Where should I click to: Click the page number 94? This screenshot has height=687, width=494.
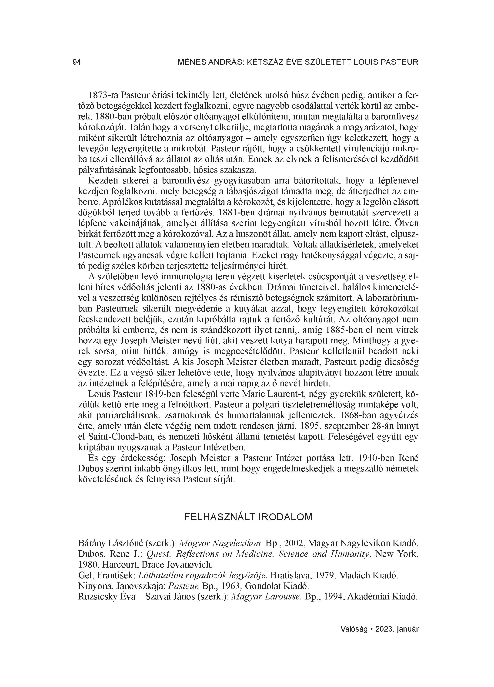77,62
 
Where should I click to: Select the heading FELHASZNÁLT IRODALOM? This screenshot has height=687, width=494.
248,517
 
